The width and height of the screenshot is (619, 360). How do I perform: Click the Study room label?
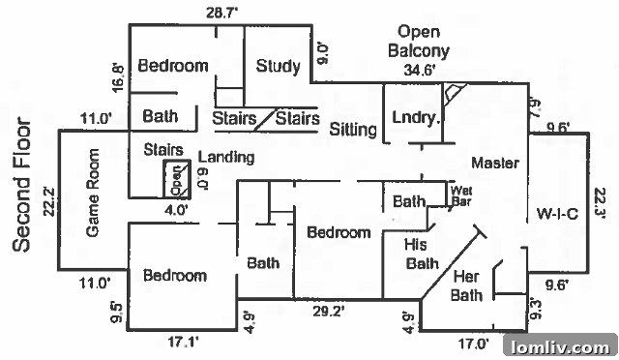point(278,66)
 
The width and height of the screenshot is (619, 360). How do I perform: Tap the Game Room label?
point(93,193)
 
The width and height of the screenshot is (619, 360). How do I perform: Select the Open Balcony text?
point(419,41)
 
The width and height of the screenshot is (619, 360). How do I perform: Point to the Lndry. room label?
point(416,117)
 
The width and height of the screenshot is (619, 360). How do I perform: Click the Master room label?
point(495,163)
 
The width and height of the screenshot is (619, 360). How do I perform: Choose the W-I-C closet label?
point(557,214)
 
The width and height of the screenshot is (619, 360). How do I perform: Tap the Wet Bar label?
point(461,196)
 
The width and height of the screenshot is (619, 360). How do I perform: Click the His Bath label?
point(422,254)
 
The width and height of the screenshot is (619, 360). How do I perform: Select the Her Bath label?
point(466,285)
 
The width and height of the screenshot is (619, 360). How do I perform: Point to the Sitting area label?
point(353,130)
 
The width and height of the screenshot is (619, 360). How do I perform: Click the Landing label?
point(225,158)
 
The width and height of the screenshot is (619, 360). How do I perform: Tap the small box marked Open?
point(177,179)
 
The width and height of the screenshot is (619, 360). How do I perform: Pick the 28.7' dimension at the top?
point(221,13)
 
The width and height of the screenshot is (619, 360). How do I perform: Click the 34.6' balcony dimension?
point(420,71)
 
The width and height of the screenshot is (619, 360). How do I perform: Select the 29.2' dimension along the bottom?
point(329,312)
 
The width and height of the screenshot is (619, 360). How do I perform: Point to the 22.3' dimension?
point(600,203)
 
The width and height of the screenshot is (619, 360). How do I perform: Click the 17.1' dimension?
point(183,342)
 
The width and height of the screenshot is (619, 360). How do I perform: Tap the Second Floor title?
point(21,185)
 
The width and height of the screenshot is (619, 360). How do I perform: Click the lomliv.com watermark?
point(560,347)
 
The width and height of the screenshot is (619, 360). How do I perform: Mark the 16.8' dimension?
point(118,78)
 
